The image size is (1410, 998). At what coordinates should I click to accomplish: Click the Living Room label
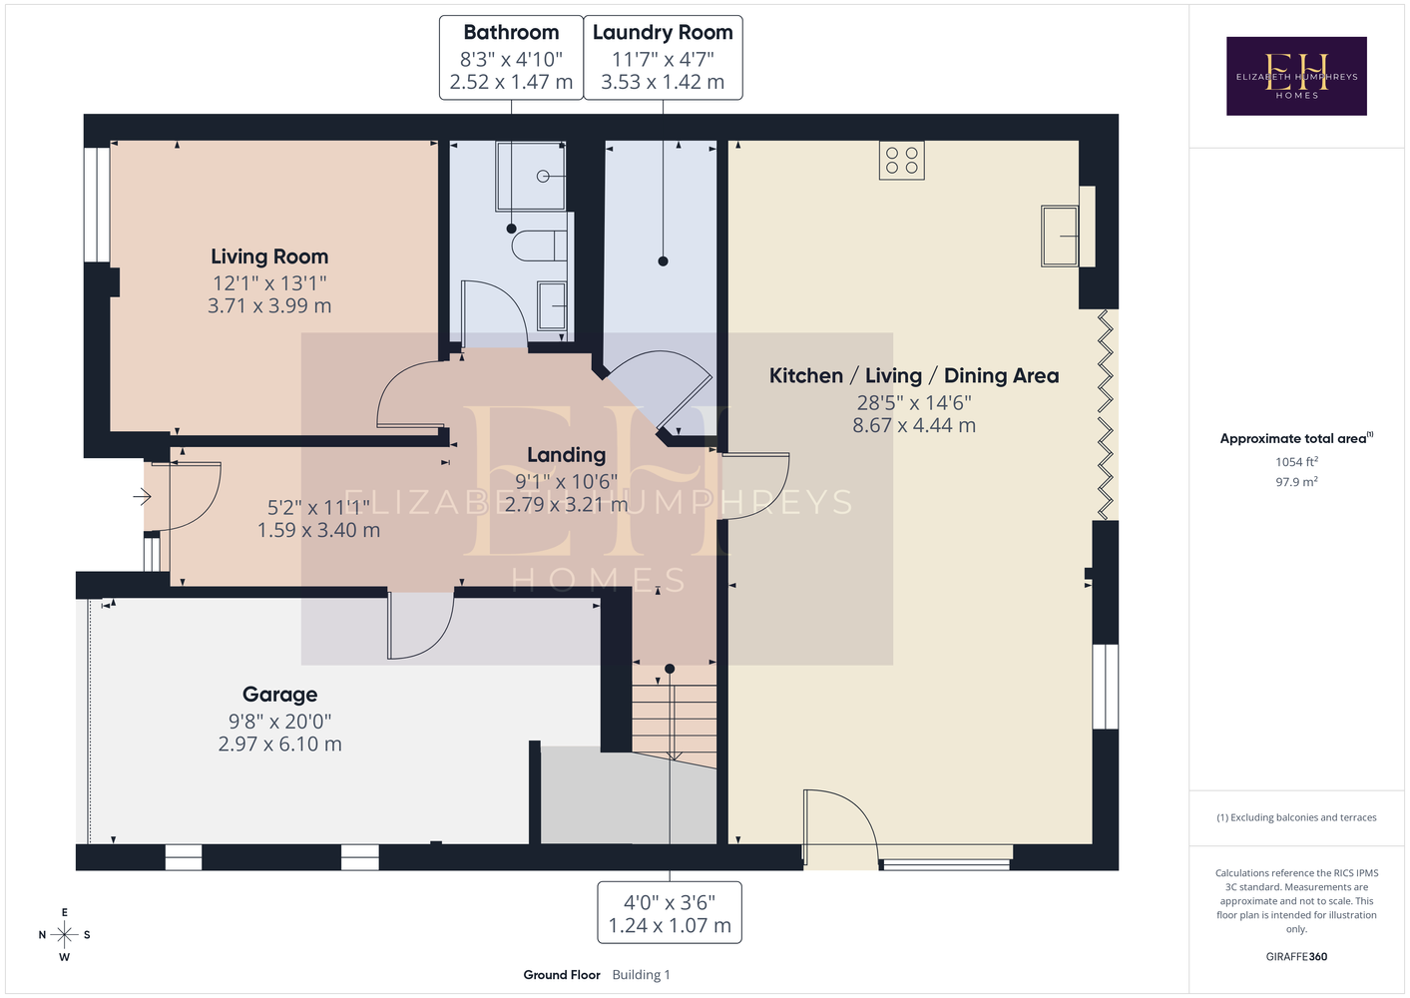coord(269,256)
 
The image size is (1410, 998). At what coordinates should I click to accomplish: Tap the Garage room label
coord(280,695)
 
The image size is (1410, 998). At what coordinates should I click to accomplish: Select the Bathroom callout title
coord(511,32)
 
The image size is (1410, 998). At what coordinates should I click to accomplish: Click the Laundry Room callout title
coord(663,33)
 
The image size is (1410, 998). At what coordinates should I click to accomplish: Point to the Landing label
coord(567,455)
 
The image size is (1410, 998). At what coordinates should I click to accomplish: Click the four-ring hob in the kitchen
coord(902,160)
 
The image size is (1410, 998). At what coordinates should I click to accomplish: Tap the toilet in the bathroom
coord(539,246)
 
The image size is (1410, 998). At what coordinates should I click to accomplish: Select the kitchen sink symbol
coord(1060,237)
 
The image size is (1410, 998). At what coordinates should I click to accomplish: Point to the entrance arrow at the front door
coord(143,497)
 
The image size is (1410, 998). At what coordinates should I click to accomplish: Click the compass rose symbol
coord(64,935)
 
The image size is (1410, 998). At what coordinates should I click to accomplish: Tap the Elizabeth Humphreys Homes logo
coord(1296,76)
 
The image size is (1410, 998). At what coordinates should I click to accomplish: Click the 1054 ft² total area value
coord(1296,461)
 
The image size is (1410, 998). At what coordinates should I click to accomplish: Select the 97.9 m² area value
coord(1296,482)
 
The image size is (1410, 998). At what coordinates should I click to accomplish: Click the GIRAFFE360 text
coord(1296,956)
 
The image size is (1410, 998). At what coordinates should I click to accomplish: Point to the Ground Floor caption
coord(562,975)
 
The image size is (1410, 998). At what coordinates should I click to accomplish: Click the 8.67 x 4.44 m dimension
coord(914,425)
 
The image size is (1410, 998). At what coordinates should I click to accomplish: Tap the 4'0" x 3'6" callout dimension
coord(670,903)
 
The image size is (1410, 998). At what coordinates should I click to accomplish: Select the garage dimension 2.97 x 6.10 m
coord(280,744)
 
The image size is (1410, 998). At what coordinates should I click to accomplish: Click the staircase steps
coord(675,718)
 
